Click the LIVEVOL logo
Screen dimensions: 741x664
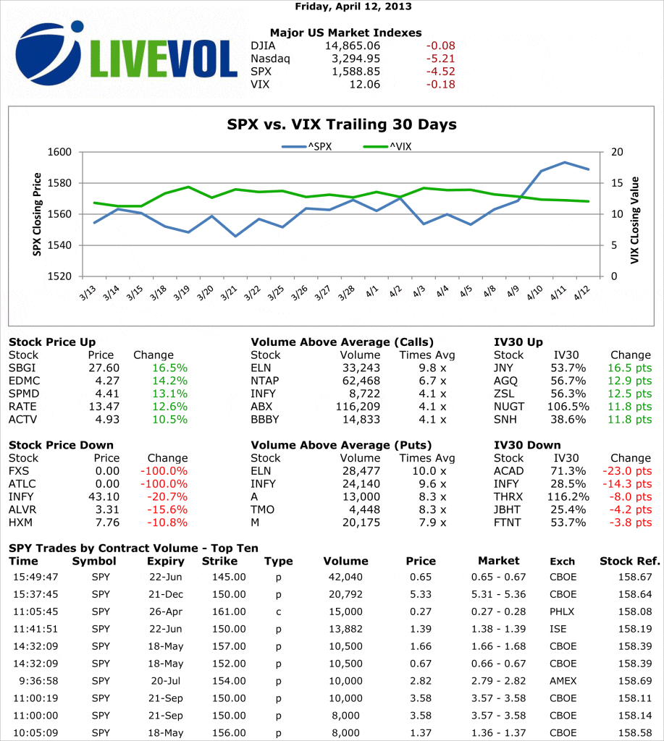(x=127, y=54)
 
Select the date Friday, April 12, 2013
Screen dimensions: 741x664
(x=353, y=7)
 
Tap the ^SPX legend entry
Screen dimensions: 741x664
(x=307, y=147)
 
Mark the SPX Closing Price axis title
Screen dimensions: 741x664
(x=37, y=214)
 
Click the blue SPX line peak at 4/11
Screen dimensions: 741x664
(x=565, y=162)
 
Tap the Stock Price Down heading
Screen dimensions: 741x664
(x=61, y=445)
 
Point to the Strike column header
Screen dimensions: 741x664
(x=219, y=561)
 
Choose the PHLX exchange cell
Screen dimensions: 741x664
(x=563, y=611)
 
